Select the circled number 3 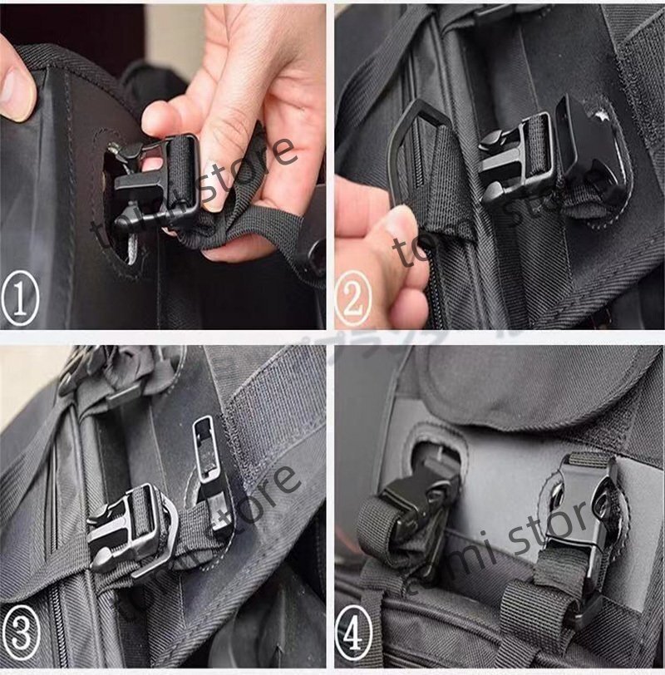(x=22, y=640)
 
